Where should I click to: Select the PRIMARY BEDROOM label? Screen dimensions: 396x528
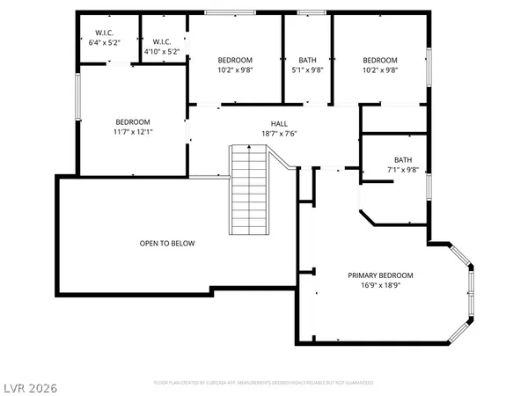click(x=379, y=275)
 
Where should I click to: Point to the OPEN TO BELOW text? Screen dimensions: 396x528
click(x=167, y=244)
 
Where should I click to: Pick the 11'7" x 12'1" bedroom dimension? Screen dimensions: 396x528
click(x=133, y=132)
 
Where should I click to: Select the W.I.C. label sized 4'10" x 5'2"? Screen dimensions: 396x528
click(x=161, y=41)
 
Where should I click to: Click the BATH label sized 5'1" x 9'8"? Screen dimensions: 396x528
click(x=307, y=60)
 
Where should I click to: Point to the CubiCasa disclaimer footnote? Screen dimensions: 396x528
click(x=263, y=384)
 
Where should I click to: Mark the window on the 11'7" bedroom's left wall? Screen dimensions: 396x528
click(x=78, y=97)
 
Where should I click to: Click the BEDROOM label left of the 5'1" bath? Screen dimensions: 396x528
click(x=236, y=60)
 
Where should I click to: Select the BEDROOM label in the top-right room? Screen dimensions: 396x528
click(x=380, y=60)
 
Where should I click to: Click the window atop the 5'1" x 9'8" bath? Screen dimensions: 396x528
click(x=307, y=12)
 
